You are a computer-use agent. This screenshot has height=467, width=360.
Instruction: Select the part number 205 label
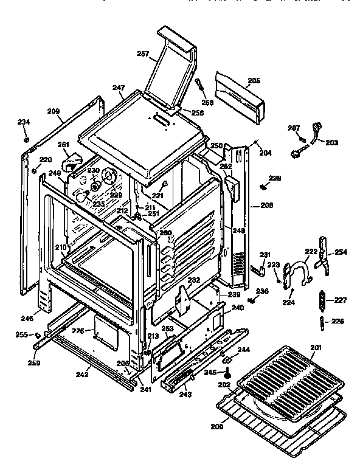pos(254,80)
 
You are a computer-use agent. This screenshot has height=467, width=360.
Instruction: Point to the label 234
pos(23,122)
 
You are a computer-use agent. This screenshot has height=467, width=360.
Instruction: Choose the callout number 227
pos(340,299)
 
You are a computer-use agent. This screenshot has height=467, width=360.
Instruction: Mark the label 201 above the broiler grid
pos(315,347)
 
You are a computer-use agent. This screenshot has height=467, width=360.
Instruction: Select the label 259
pos(35,364)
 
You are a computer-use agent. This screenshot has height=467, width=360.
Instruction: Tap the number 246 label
pos(27,318)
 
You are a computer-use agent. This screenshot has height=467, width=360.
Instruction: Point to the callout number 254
pos(341,251)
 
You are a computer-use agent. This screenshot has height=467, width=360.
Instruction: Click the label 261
pos(63,145)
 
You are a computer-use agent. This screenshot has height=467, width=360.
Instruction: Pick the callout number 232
pos(194,280)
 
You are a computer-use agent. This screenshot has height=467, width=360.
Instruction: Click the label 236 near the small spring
pos(262,292)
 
